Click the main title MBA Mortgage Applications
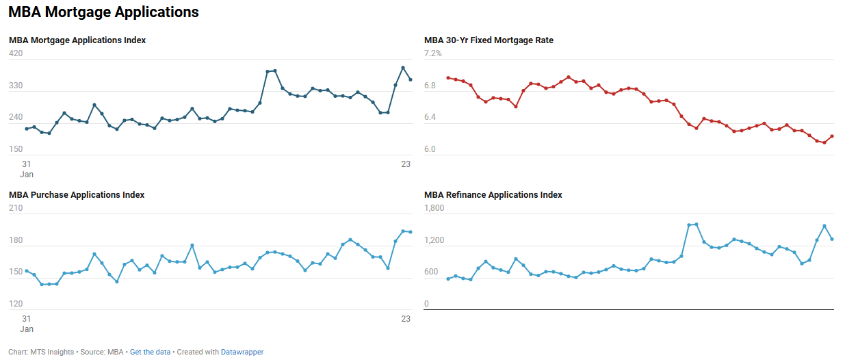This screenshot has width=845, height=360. pos(103,12)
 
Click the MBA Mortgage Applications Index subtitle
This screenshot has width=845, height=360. pos(77,40)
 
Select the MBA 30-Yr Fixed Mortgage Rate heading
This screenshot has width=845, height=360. pos(489,40)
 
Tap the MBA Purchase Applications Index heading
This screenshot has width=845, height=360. pos(77,195)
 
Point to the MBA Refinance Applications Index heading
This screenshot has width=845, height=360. pos(493,195)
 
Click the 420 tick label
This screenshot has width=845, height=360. pos(16,53)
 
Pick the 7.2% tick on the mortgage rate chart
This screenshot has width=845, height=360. pos(434,53)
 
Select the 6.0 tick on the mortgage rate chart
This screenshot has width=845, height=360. pos(430,149)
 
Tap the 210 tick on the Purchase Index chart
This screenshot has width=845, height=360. pos(16,208)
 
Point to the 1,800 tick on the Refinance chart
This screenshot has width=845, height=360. pos(434,208)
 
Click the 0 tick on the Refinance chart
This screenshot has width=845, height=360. pos(426,304)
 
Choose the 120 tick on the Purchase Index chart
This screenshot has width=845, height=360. pos(16,304)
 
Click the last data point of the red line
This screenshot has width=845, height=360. pos(832,136)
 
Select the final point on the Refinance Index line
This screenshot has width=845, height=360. pos(832,239)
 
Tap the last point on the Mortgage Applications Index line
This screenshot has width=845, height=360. pos(411,79)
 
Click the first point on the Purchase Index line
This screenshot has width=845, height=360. pos(27,271)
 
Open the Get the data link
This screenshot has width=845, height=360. pos(150,352)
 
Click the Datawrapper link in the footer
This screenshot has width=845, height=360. pos(242,352)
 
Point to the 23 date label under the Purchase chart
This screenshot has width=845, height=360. pos(406,318)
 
